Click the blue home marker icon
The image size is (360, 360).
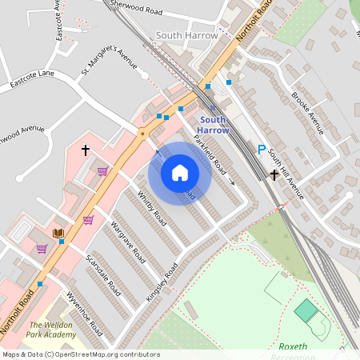(180, 173)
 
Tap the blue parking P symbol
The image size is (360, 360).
(261, 150)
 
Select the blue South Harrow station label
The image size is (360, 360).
(213, 124)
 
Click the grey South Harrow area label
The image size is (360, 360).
(186, 36)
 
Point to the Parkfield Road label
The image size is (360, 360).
(210, 148)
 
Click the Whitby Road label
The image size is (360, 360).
(151, 207)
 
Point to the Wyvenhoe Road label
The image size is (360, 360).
(85, 313)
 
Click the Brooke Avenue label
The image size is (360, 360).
(306, 114)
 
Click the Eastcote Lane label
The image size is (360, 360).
(32, 78)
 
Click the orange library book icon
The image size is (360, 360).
(58, 233)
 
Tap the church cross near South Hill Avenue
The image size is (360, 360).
(274, 174)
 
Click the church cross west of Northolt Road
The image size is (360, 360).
(85, 150)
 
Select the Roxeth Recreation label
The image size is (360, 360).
(305, 350)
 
